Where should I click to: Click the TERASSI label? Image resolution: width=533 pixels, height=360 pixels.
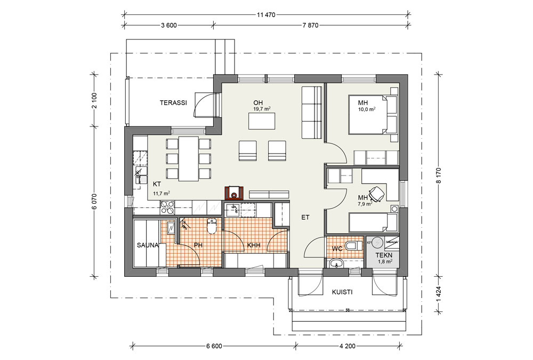tap(173, 103)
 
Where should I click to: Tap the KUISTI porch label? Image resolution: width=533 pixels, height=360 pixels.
tap(342, 292)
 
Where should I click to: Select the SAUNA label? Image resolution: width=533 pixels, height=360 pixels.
tap(148, 245)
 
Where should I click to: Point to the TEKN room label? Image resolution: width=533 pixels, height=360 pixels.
tap(384, 255)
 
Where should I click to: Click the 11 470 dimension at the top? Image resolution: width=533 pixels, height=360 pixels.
tap(266, 14)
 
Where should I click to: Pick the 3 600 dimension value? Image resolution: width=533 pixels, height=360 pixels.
tap(168, 25)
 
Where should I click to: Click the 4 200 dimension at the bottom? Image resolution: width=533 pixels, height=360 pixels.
tap(348, 346)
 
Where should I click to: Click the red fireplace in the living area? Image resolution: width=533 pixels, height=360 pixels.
tap(234, 193)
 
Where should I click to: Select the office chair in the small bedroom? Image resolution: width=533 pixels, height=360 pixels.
tap(377, 194)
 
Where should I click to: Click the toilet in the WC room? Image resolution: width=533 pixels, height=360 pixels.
tap(353, 245)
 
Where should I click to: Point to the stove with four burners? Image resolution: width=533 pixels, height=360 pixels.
tap(167, 208)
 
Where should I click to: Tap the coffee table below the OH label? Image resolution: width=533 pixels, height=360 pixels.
tap(262, 121)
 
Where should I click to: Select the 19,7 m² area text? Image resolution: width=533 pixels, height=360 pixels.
tap(262, 109)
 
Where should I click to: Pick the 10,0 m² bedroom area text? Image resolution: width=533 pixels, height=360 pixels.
tap(367, 109)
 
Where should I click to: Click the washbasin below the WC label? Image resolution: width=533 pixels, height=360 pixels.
tap(337, 263)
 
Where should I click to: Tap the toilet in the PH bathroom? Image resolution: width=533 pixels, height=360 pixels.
tap(212, 226)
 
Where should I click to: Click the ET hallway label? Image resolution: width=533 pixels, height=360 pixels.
tap(305, 217)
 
